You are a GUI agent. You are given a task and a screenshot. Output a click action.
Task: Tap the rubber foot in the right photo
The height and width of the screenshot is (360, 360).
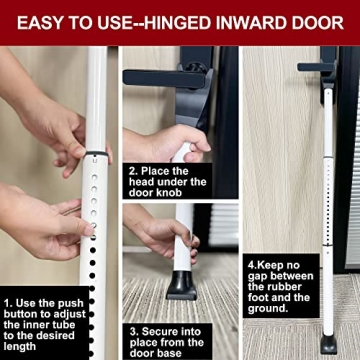[x=328, y=343]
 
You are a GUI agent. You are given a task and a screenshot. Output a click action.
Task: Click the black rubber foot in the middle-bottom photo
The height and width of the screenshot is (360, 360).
[x=181, y=284]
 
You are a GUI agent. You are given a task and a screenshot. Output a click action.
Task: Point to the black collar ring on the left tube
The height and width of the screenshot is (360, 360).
[x=95, y=155]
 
